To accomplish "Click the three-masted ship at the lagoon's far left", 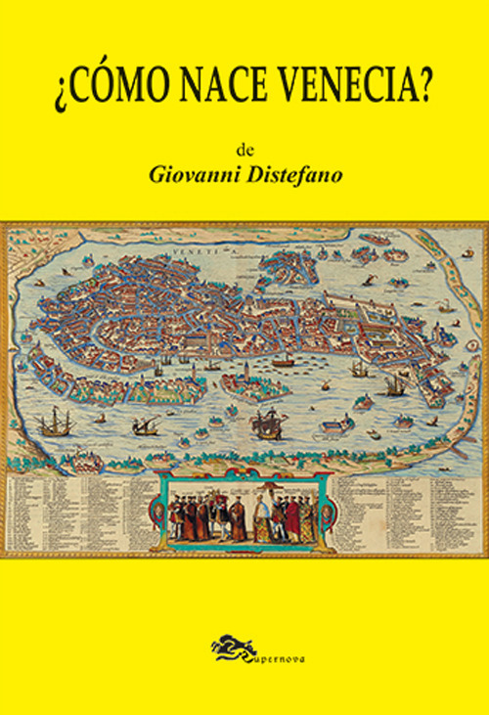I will point(54,424).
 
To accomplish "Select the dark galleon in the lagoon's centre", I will point(266,425).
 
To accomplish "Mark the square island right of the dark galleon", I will point(337,425).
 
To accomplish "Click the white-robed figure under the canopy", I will point(261,516).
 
